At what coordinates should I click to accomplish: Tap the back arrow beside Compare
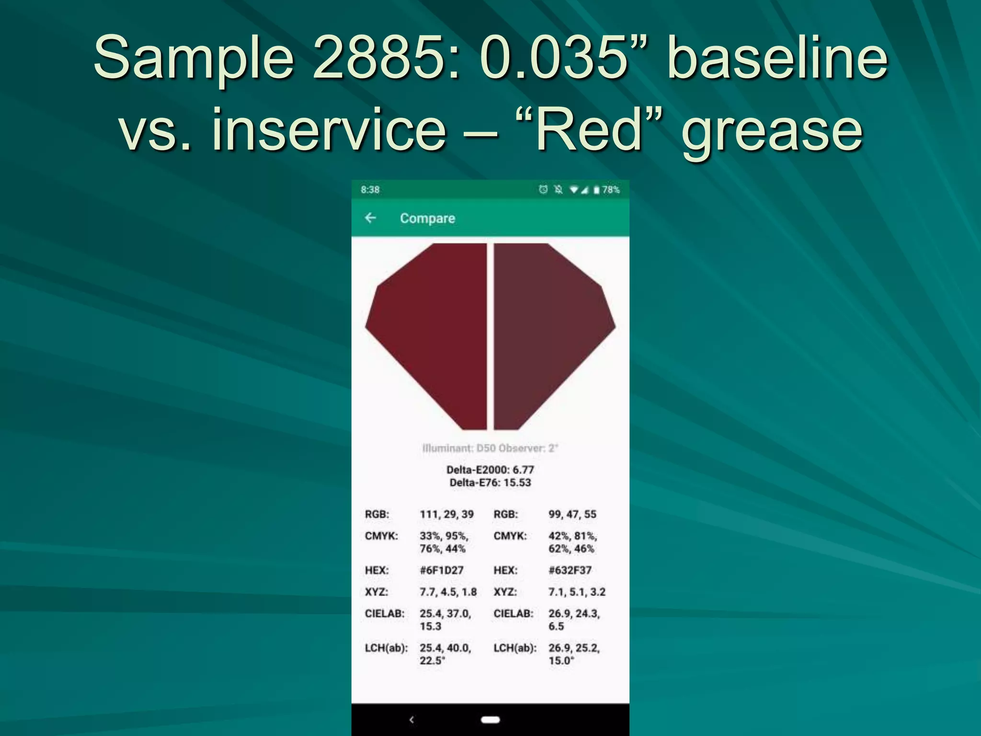point(370,218)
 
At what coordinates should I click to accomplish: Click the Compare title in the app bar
point(427,218)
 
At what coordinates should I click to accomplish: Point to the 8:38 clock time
point(370,190)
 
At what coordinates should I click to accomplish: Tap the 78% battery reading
point(611,190)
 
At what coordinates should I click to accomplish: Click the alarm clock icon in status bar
point(543,190)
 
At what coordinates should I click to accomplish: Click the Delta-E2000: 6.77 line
point(490,470)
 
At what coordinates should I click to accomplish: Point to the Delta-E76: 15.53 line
point(490,483)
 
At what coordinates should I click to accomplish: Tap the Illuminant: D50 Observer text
point(490,448)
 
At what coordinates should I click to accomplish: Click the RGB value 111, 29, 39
point(446,514)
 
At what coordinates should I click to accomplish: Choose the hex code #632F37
point(570,570)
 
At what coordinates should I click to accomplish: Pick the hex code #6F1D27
point(442,570)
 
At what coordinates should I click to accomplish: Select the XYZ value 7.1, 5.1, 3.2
point(577,592)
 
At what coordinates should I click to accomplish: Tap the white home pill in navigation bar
point(490,719)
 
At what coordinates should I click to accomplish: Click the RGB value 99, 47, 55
point(572,514)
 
